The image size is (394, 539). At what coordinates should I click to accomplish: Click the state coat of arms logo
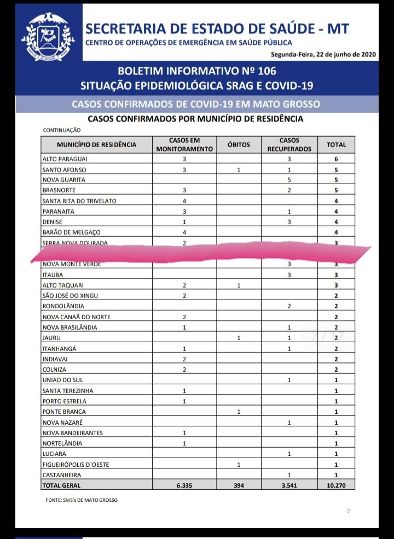click(48, 36)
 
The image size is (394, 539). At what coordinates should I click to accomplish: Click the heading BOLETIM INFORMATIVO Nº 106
click(196, 71)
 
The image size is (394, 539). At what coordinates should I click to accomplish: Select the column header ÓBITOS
click(239, 145)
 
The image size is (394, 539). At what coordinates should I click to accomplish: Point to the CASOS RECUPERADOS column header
click(289, 145)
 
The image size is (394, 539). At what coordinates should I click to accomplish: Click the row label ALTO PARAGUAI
click(65, 159)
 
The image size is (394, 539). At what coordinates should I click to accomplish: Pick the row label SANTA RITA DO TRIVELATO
click(79, 201)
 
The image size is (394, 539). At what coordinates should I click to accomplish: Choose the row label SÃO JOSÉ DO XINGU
click(71, 296)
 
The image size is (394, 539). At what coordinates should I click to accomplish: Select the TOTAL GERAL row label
click(61, 485)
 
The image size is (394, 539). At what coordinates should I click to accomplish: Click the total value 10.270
click(336, 485)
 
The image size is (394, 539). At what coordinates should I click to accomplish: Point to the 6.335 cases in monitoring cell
click(184, 485)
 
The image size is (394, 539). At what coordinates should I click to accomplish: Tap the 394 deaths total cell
click(239, 485)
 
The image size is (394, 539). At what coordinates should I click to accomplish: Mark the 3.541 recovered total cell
click(289, 485)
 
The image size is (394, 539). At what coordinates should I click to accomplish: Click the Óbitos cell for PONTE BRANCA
click(239, 412)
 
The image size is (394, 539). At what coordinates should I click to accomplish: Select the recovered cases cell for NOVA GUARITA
click(289, 180)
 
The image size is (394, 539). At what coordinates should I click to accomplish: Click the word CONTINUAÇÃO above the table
click(62, 131)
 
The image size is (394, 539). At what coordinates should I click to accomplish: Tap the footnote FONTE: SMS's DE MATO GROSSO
click(82, 500)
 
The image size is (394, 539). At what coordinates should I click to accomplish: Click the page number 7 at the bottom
click(348, 512)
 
